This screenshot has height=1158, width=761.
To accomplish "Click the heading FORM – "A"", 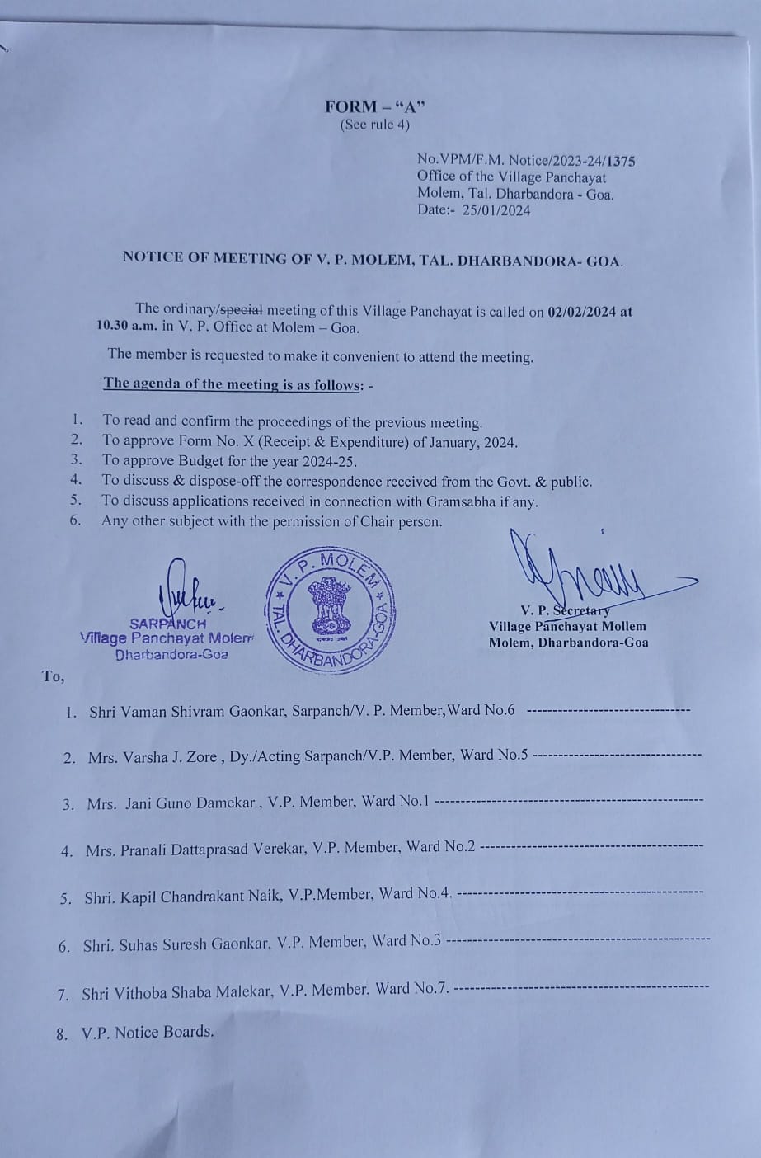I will coord(374,106).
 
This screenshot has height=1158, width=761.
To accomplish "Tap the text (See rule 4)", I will coord(374,125).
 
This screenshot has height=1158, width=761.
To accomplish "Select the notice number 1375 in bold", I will coord(621,162).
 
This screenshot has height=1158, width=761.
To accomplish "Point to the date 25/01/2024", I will coord(497,210).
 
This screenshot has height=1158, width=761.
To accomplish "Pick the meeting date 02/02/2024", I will coord(582,311).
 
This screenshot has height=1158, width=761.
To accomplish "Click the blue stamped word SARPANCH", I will coord(168,624).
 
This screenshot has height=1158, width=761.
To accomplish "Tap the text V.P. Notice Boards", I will coord(148,1033).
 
